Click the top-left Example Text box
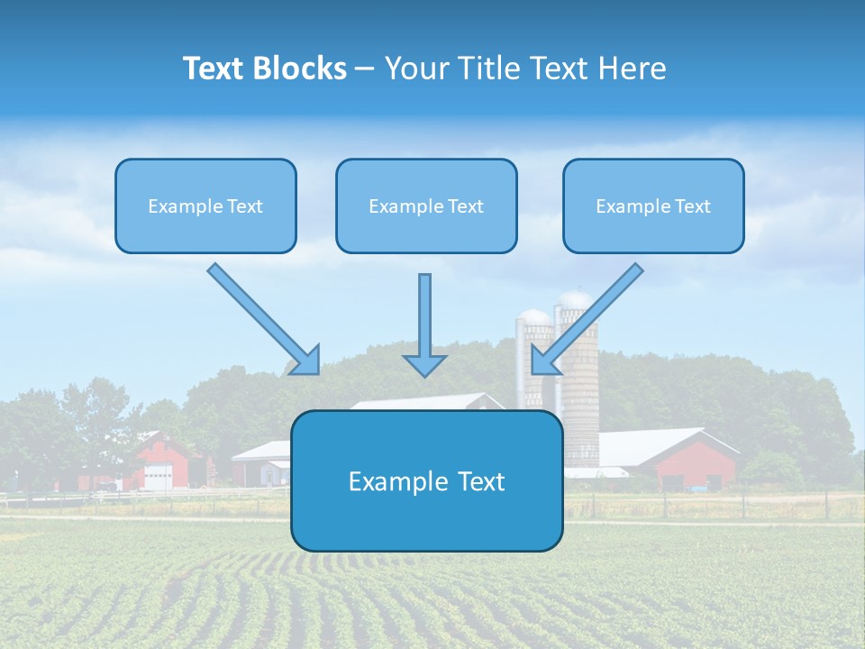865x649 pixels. point(205,206)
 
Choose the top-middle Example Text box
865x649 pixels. point(426,206)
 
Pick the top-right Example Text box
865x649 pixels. point(653,206)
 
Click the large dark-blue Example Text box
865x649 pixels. point(426,480)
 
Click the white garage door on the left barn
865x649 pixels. point(158,476)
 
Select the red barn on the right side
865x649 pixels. point(694,464)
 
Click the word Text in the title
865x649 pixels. point(216,69)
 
